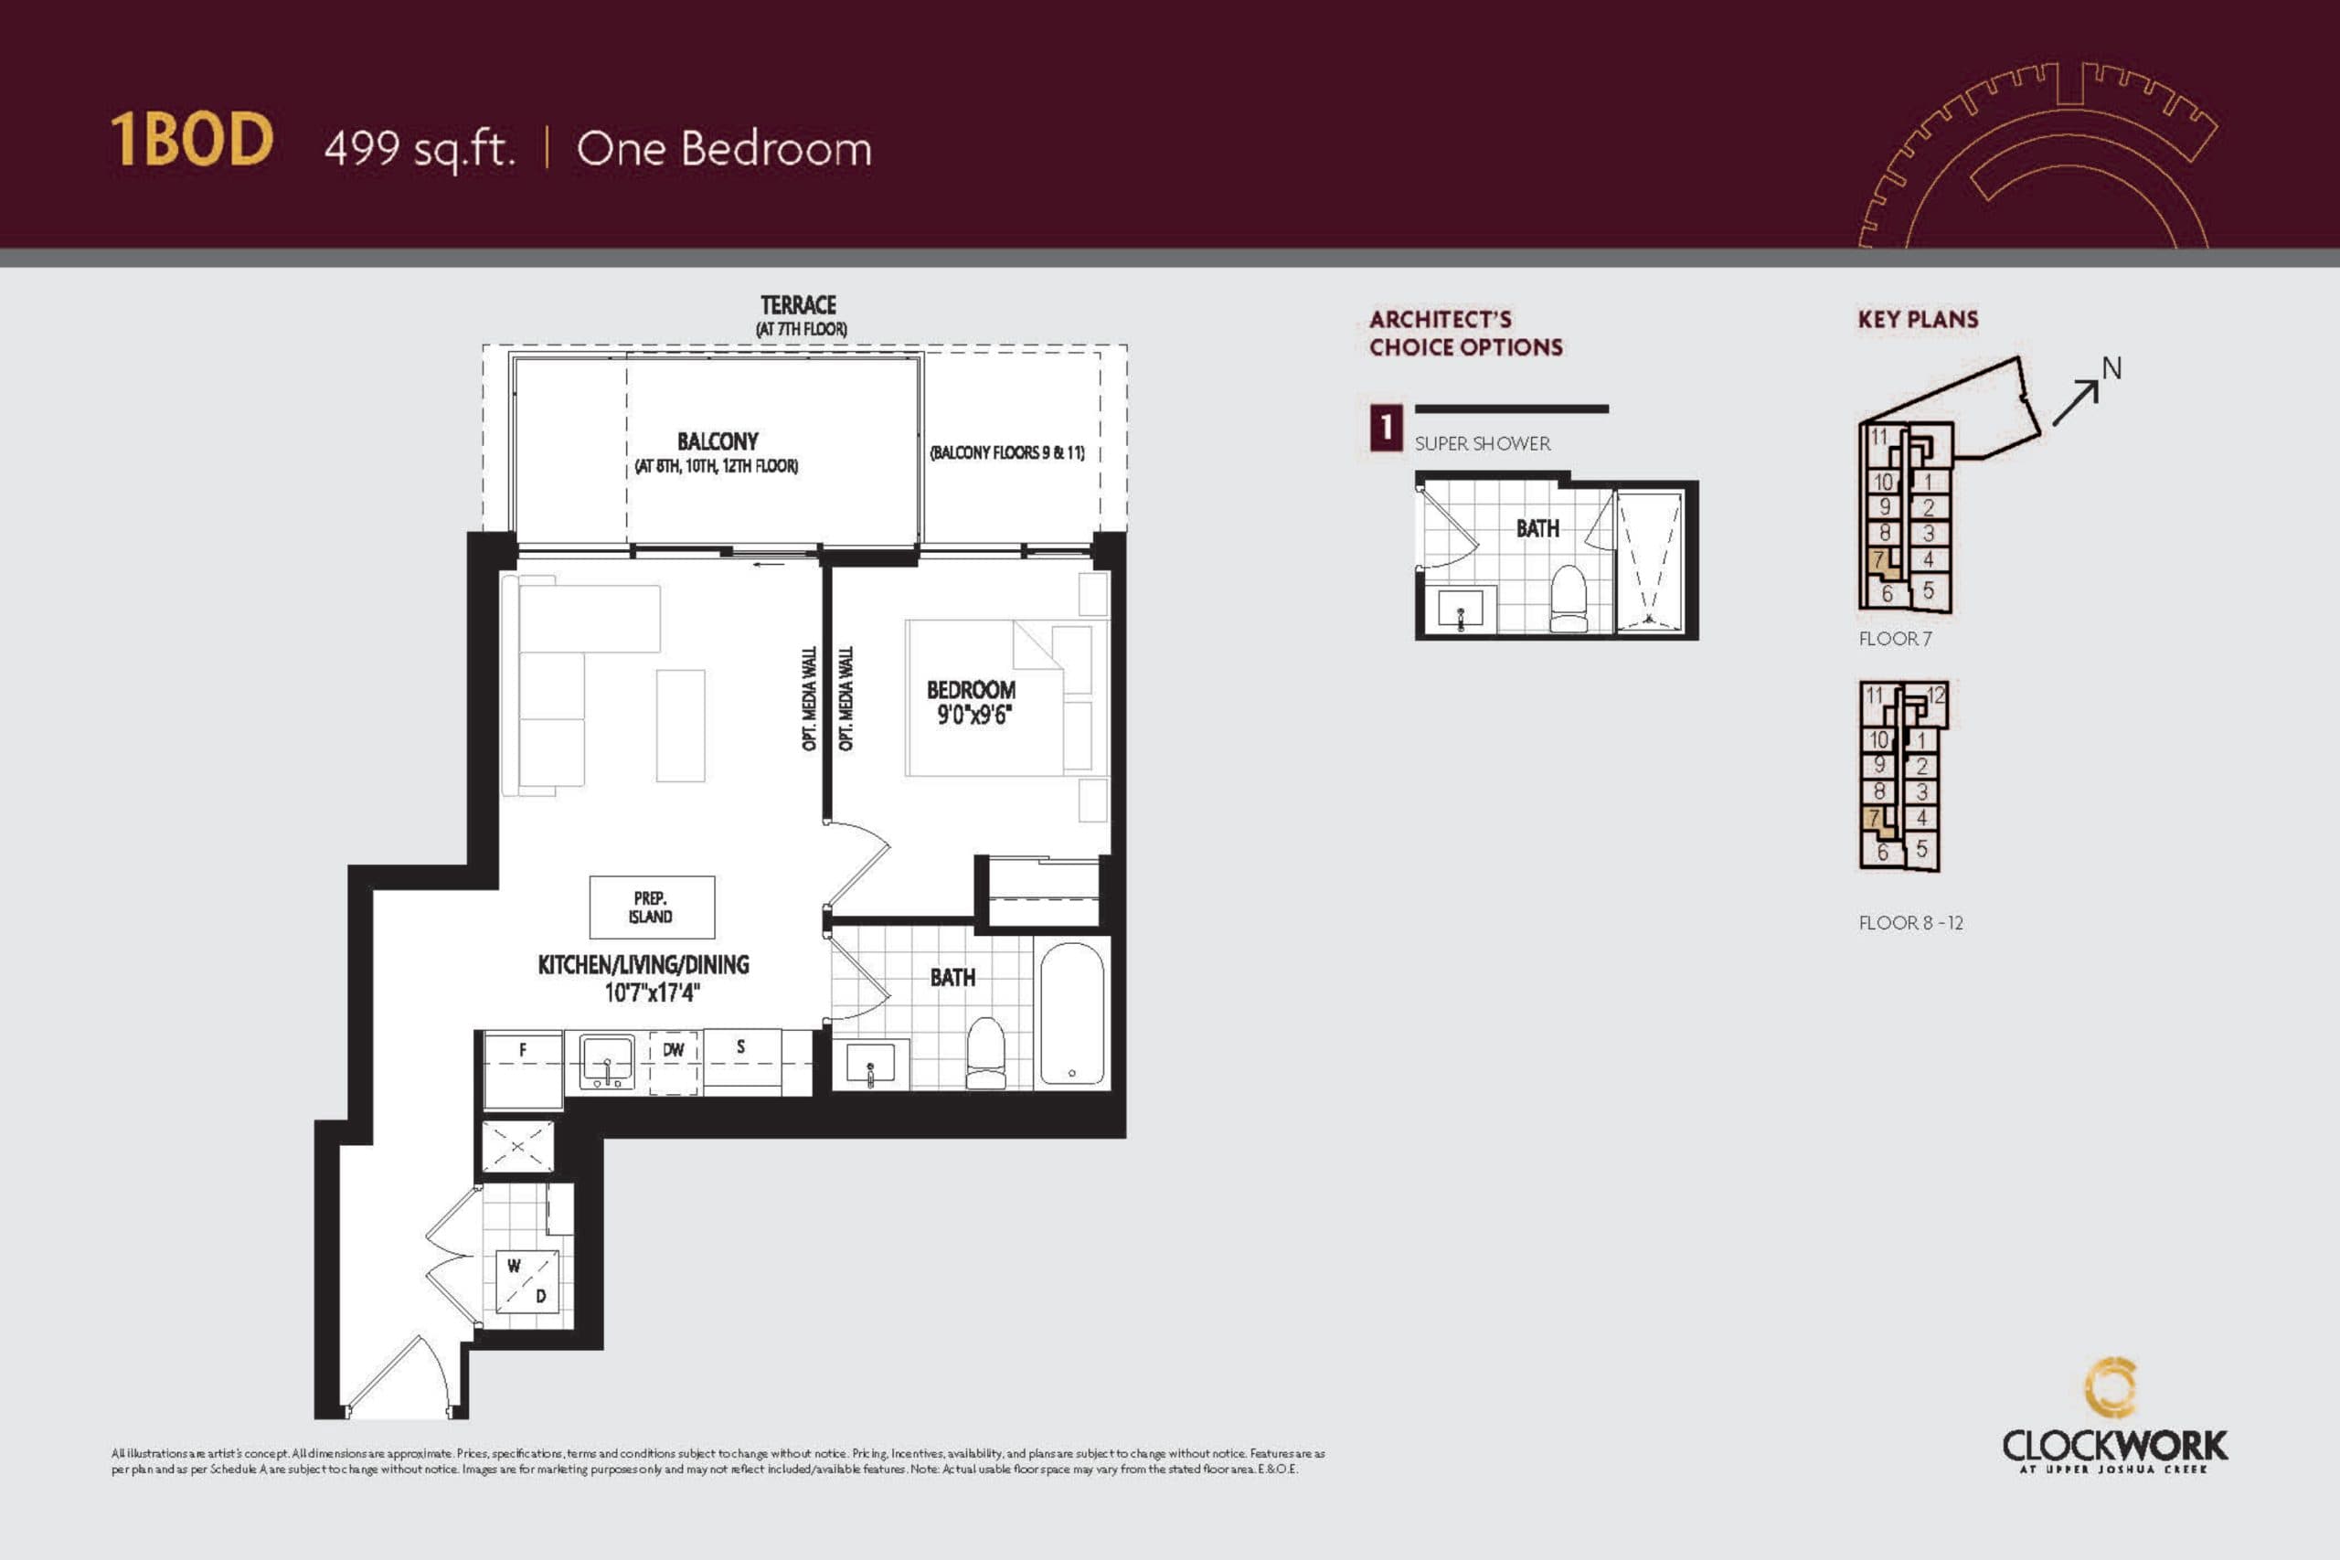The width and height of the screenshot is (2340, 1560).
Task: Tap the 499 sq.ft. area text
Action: pos(420,149)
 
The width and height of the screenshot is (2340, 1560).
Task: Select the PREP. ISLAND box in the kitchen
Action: pos(652,907)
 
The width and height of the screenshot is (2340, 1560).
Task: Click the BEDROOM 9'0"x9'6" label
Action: pos(971,703)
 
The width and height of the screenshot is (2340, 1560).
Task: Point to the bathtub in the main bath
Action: pos(1071,1013)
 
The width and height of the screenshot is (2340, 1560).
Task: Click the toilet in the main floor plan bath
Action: pos(986,1053)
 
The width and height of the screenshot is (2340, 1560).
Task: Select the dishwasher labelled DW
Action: pos(674,1063)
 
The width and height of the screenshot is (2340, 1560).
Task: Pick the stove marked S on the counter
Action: pos(741,1060)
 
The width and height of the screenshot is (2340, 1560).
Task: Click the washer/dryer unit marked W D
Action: pos(527,1281)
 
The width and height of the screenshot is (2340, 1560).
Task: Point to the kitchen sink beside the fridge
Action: pos(607,1063)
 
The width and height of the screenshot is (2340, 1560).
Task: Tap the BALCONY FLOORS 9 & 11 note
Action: pos(1006,452)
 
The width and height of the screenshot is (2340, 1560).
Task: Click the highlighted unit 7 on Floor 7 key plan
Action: pos(1878,560)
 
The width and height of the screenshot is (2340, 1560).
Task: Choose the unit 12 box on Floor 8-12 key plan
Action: pos(1935,695)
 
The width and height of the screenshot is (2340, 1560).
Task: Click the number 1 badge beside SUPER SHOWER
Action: pos(1386,429)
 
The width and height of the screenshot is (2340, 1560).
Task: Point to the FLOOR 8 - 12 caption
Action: pos(1910,922)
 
